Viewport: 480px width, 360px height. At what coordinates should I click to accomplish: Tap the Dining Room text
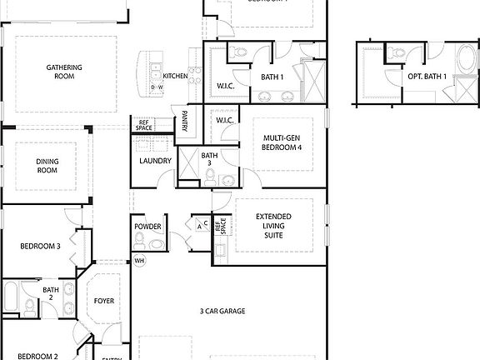47,166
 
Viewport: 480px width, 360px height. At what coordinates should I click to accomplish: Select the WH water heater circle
139,261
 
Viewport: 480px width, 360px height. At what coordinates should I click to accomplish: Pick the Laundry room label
156,162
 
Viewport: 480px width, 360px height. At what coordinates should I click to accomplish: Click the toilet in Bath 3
210,177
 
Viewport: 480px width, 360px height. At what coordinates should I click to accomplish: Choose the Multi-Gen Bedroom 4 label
282,142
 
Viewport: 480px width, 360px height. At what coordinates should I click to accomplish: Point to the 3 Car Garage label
222,311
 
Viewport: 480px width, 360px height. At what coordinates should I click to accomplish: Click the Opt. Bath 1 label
427,77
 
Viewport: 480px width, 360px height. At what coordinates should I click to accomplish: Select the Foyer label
104,301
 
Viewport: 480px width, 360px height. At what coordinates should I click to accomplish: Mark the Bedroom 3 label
41,246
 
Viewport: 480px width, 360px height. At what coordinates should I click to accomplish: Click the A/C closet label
201,225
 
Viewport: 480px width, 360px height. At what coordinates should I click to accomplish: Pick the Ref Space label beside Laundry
143,125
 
